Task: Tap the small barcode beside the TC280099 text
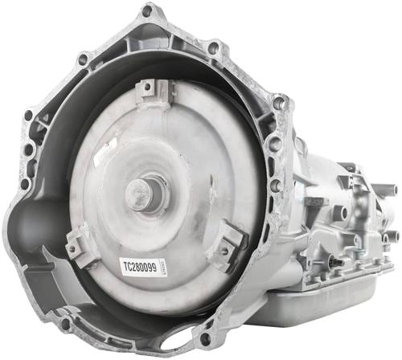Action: point(162,267)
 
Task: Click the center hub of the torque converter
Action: point(147,192)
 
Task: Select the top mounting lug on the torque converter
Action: point(153,94)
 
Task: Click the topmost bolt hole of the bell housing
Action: point(146,11)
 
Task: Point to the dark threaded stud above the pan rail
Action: point(337,261)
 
